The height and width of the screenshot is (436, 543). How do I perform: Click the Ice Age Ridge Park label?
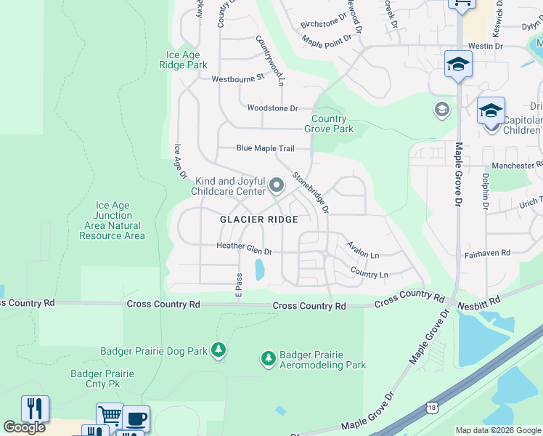tap(187, 60)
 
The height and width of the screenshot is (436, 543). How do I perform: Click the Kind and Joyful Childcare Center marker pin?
tap(276, 187)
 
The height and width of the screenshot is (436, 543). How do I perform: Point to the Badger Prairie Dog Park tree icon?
tap(219, 350)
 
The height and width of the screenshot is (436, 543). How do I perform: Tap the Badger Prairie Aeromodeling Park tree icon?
tap(269, 358)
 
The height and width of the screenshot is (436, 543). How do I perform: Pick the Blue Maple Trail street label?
tap(265, 148)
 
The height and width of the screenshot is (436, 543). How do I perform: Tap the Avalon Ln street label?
tap(363, 251)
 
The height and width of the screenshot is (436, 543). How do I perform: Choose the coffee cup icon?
tap(136, 419)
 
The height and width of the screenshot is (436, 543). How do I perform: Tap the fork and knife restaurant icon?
tap(35, 409)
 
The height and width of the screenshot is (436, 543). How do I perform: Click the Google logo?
tap(25, 427)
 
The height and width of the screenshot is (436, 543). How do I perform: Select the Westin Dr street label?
tap(485, 46)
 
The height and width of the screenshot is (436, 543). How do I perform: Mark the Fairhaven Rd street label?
tap(487, 253)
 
